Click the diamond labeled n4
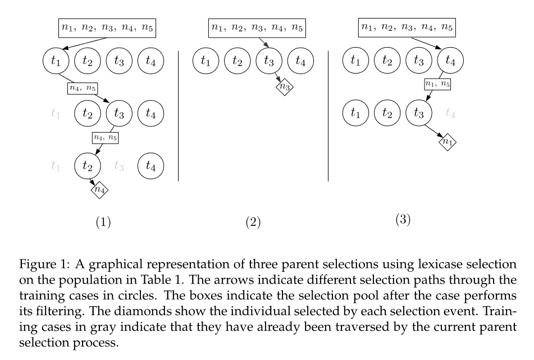pyautogui.click(x=99, y=190)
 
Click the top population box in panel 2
pyautogui.click(x=253, y=26)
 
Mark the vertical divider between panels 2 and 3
pyautogui.click(x=328, y=115)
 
